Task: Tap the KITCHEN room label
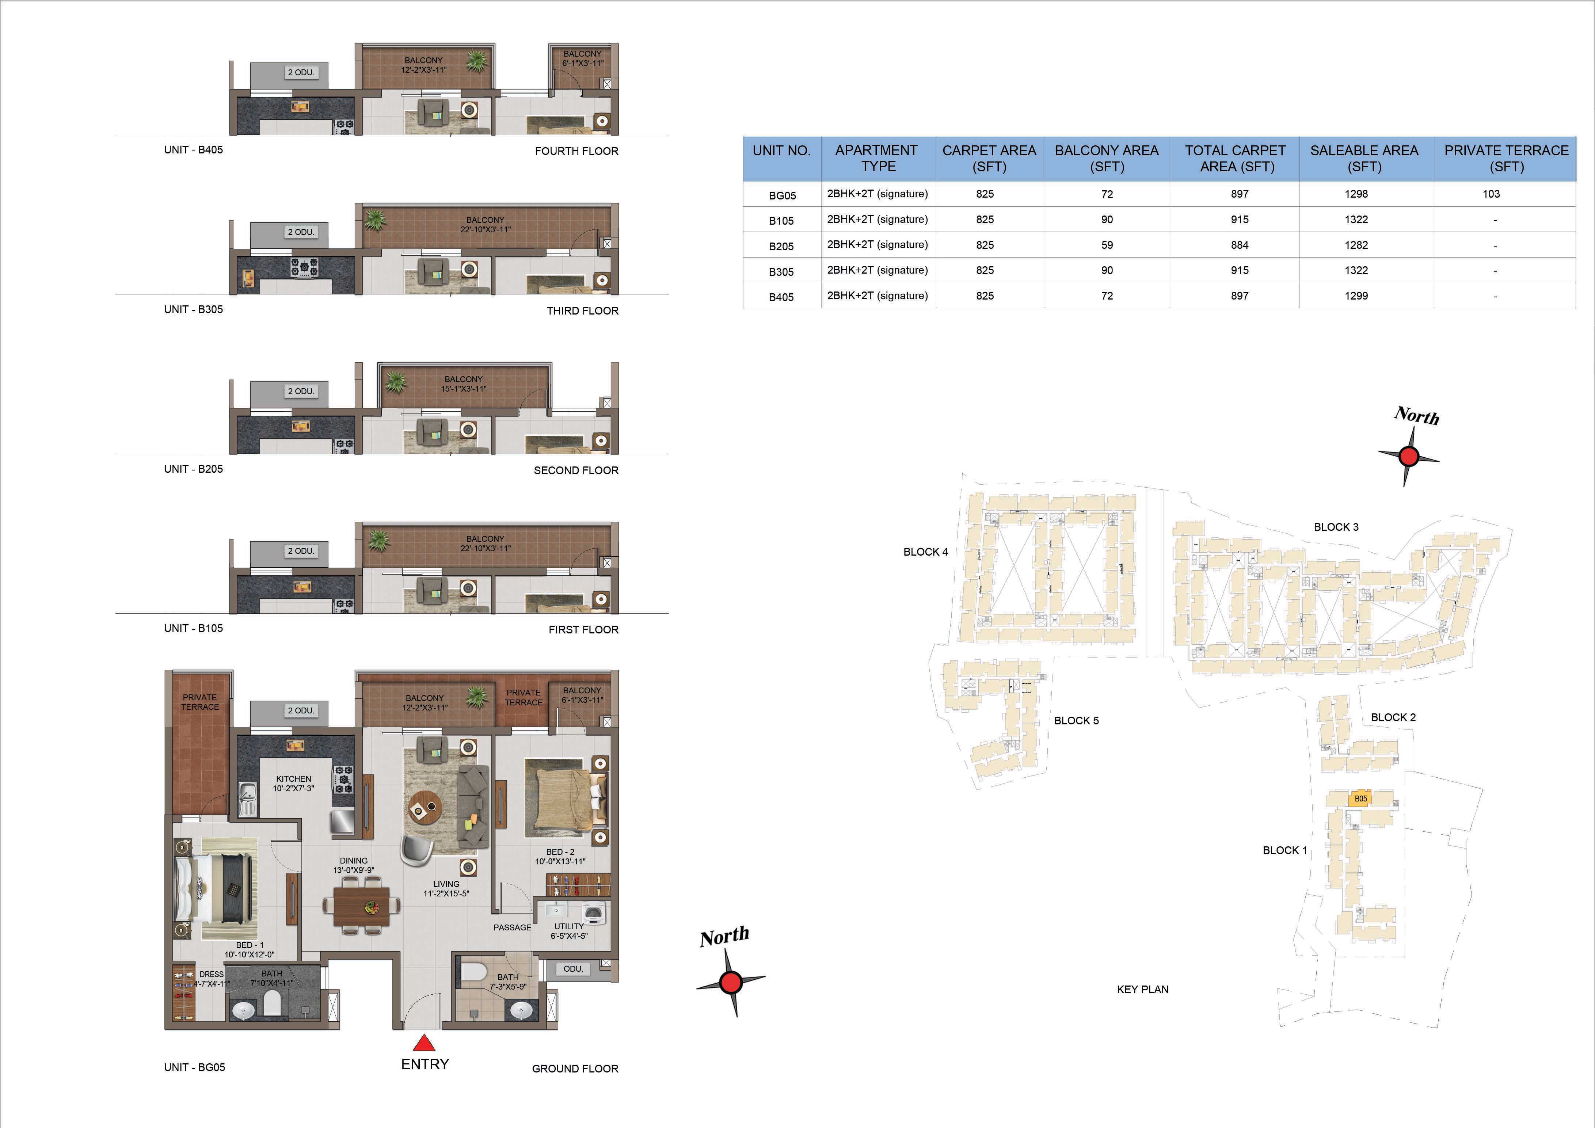[293, 779]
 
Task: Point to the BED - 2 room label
[560, 851]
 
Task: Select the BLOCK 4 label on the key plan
[925, 552]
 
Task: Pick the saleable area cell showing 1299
[1356, 296]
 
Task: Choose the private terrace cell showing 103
[1491, 194]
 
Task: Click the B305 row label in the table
[781, 271]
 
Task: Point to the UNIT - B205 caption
[193, 469]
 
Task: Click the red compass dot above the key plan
[1408, 456]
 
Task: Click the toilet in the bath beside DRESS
[272, 1002]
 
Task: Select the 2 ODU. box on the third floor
[301, 232]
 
